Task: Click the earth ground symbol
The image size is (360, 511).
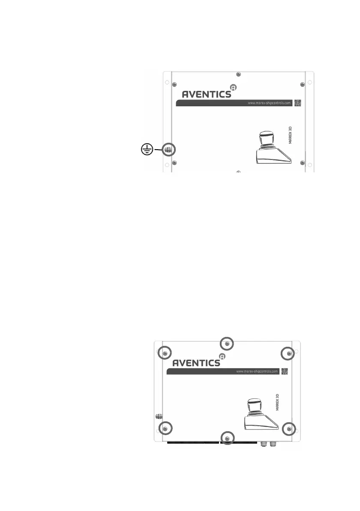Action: [x=147, y=150]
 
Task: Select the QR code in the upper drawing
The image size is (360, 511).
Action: [x=298, y=103]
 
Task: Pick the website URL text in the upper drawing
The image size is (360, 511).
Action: [x=270, y=103]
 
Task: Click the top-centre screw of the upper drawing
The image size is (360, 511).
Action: [x=239, y=75]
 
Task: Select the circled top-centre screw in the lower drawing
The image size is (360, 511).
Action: [x=227, y=343]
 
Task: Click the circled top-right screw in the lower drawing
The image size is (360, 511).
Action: [x=289, y=353]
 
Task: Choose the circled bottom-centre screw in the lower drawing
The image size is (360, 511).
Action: [x=227, y=437]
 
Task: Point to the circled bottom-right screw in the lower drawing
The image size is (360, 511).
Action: [x=289, y=428]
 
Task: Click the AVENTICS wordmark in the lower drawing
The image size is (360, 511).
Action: [x=196, y=363]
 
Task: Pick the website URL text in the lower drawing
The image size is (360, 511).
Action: [x=258, y=371]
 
